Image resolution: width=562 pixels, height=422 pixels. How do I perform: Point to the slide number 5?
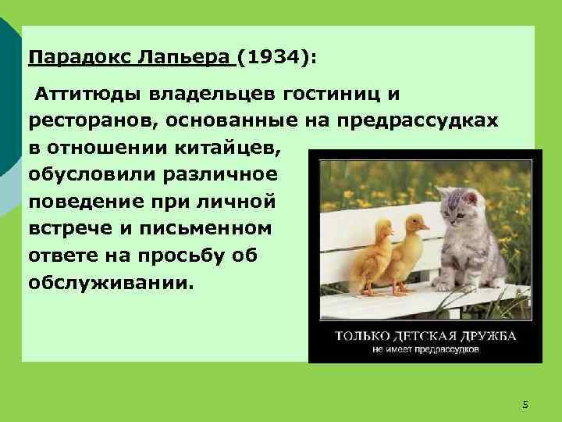pyautogui.click(x=525, y=404)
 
